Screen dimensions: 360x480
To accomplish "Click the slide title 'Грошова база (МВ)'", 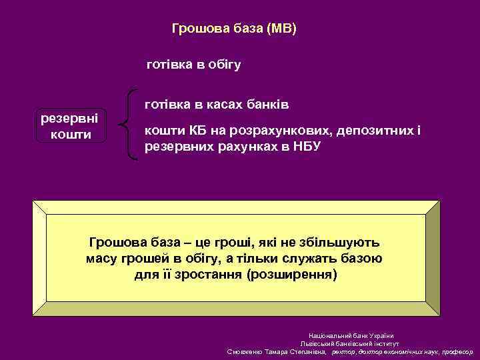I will [x=234, y=29].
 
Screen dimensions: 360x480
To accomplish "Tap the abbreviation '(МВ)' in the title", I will [x=281, y=29].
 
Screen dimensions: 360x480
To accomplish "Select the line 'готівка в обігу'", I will [x=193, y=65].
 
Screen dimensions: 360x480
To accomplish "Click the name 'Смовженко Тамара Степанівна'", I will [x=277, y=351].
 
